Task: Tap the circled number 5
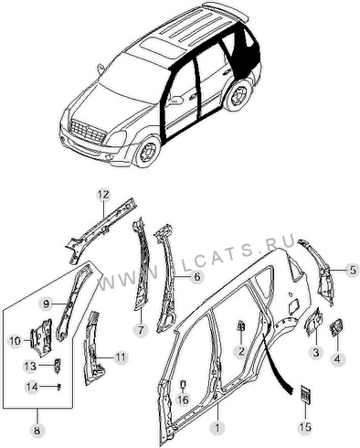[x=353, y=271]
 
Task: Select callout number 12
[x=103, y=195]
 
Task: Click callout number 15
[x=305, y=428]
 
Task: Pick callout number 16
[x=183, y=400]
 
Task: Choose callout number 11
[x=121, y=357]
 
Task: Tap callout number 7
[x=141, y=330]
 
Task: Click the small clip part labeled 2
[x=241, y=325]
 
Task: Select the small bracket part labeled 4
[x=335, y=327]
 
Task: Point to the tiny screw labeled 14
[x=59, y=387]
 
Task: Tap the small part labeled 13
[x=57, y=366]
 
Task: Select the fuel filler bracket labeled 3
[x=312, y=323]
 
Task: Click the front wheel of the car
[x=149, y=152]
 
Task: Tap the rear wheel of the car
[x=238, y=95]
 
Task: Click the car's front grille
[x=88, y=132]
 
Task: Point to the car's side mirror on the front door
[x=175, y=100]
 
